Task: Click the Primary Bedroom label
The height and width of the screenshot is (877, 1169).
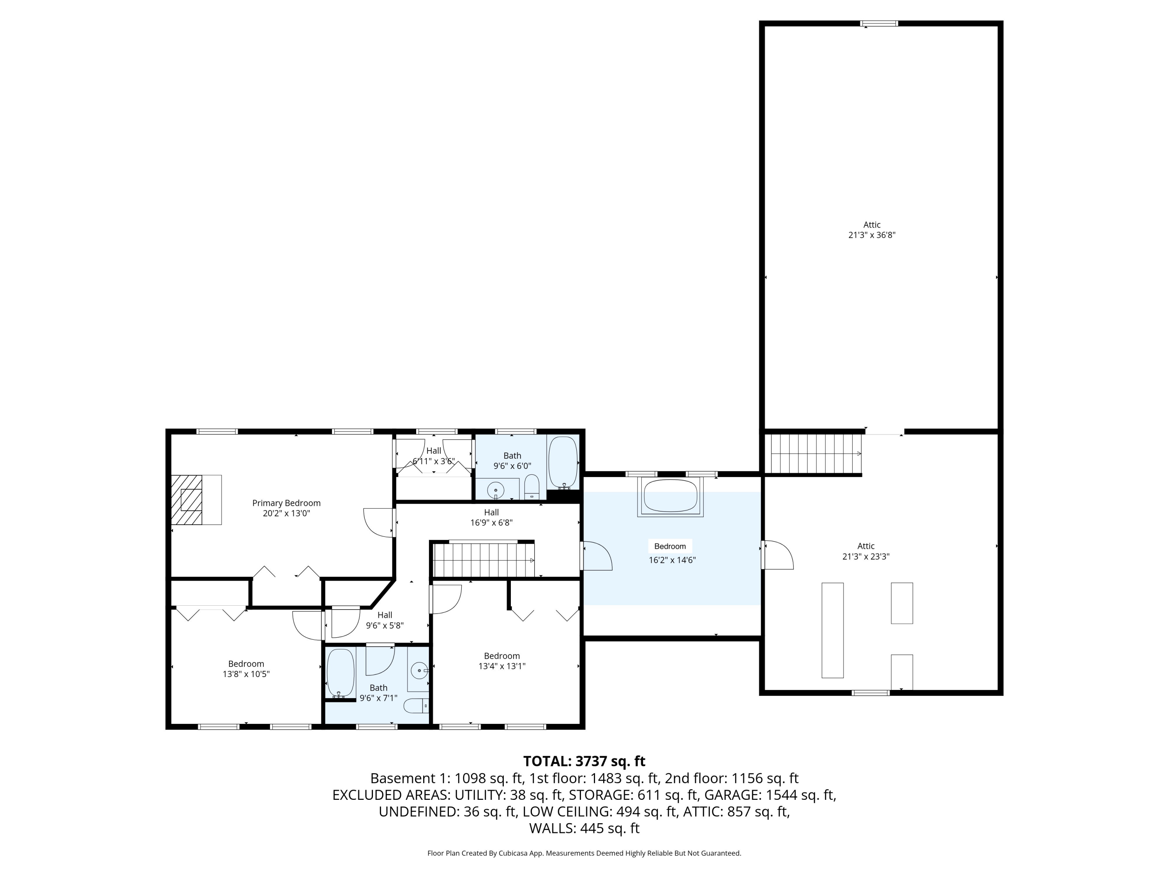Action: tap(286, 503)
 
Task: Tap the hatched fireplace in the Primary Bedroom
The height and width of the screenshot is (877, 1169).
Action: tap(187, 500)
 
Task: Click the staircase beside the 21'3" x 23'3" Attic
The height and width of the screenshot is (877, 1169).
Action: tap(816, 454)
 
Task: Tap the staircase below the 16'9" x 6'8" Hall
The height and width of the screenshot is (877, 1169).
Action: tap(484, 561)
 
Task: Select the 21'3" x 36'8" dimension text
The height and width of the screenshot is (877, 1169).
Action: tap(871, 235)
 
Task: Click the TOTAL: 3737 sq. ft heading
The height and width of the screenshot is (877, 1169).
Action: tap(584, 761)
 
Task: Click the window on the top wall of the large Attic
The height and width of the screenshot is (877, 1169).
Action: tap(879, 23)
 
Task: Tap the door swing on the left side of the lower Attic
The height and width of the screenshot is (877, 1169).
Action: tap(778, 555)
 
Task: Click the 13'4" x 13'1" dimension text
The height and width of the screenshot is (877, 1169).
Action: tap(502, 666)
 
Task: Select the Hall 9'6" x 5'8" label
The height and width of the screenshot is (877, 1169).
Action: tap(385, 620)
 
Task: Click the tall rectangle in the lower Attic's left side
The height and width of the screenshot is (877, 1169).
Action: tap(832, 630)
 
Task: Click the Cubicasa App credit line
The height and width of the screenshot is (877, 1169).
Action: tap(584, 853)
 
